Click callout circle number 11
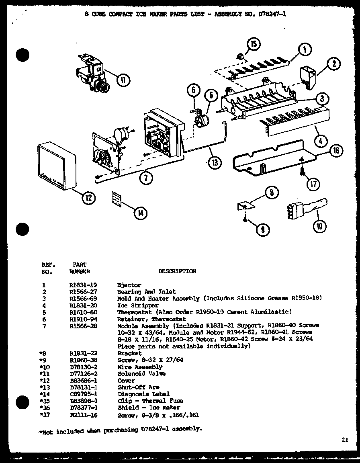coord(123,80)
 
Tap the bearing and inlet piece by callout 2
coord(308,76)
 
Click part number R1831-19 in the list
coord(80,285)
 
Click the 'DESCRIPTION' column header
coord(177,271)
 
